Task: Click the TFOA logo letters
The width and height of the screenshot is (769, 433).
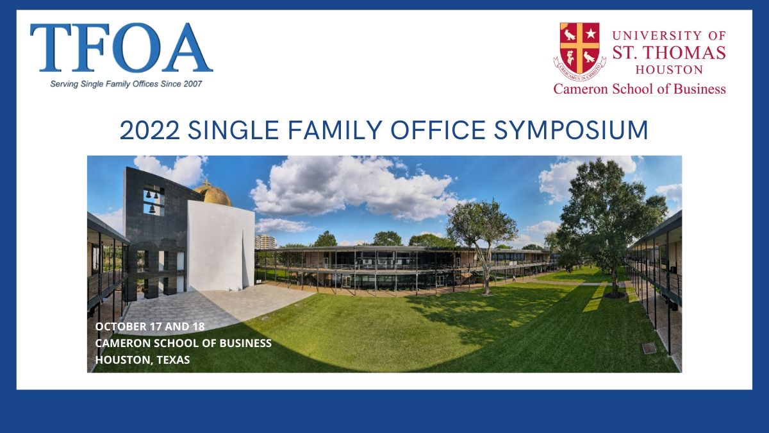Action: (121, 47)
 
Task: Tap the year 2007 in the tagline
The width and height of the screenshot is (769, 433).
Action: (193, 84)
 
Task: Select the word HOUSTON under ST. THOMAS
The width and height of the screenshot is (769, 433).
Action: (669, 70)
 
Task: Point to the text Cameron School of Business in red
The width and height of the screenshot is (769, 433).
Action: (640, 89)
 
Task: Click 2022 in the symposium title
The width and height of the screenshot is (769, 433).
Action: (150, 130)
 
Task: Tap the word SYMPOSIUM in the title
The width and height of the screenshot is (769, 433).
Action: (571, 130)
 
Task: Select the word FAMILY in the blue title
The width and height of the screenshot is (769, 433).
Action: (335, 130)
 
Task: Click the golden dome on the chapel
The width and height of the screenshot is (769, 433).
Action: (213, 194)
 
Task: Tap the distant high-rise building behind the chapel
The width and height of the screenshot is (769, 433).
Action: (265, 242)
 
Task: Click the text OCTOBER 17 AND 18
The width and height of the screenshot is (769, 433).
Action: (150, 327)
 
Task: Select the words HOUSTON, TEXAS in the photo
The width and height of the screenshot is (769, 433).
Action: (142, 360)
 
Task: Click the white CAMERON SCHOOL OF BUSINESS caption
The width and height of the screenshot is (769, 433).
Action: (183, 343)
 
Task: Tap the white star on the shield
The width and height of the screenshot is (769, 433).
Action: (591, 33)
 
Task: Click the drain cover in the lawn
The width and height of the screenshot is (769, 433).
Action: (649, 348)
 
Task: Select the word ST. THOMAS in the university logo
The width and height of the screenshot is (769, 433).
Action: (669, 53)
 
